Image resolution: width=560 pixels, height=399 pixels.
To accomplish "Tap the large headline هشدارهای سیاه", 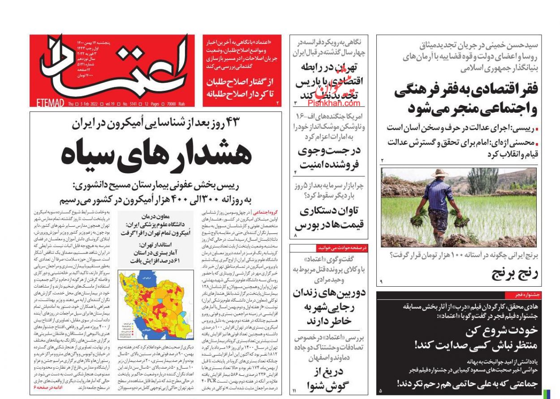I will (x=156, y=154).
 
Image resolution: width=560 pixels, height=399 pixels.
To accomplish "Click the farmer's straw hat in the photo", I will (x=439, y=173).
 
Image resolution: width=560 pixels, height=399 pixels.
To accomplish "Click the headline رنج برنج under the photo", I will (x=515, y=273).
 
